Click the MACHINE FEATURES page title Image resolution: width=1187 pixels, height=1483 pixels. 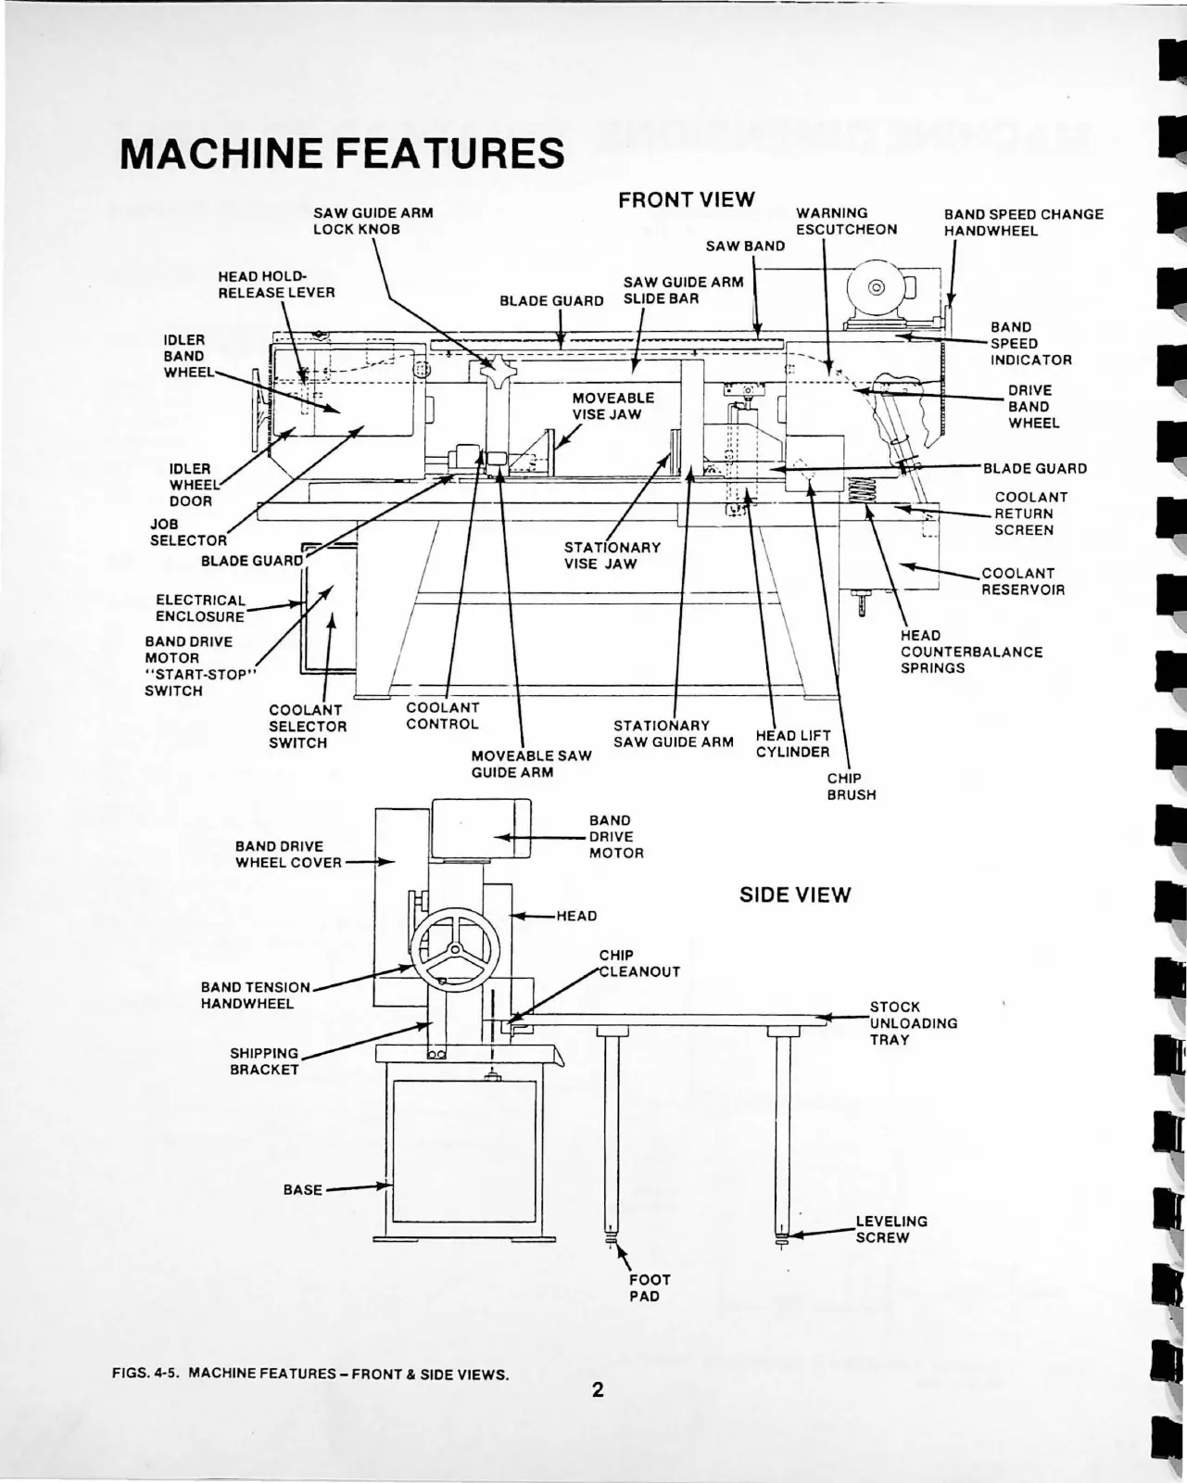click(x=342, y=153)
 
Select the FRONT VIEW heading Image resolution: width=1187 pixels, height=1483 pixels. click(x=686, y=200)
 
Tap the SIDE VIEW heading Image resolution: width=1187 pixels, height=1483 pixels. click(x=794, y=895)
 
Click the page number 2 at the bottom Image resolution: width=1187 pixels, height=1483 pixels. click(x=598, y=1389)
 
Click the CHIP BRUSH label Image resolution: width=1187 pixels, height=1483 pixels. click(x=851, y=786)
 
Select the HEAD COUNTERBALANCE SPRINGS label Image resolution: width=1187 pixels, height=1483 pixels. click(x=970, y=652)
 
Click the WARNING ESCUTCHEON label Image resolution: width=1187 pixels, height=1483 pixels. click(x=846, y=222)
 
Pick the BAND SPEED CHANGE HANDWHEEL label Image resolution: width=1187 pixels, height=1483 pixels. click(x=1023, y=222)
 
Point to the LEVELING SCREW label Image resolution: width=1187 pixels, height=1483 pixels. click(x=890, y=1229)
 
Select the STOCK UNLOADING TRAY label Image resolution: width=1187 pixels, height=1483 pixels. click(x=913, y=1023)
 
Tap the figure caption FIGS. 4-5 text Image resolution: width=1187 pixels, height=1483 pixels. click(x=310, y=1374)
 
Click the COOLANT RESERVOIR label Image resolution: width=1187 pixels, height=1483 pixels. click(x=1023, y=581)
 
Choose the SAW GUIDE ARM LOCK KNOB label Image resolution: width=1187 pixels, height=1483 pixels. click(x=373, y=221)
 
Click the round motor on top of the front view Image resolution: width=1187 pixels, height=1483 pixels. click(x=874, y=285)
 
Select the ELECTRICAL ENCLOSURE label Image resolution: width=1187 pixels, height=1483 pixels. click(x=200, y=608)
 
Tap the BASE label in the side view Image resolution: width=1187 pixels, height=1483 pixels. click(x=302, y=1189)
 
